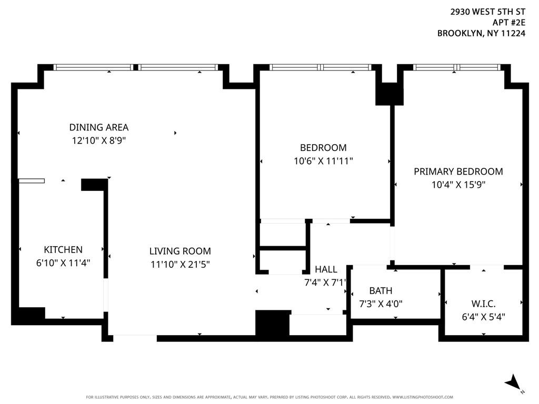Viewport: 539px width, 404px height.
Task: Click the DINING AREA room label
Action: [98, 127]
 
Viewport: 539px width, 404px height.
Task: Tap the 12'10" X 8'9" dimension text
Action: [98, 140]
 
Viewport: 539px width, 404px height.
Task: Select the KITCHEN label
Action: [63, 249]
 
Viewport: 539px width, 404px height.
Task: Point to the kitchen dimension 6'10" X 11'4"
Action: [63, 263]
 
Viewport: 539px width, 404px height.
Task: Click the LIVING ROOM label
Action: [180, 251]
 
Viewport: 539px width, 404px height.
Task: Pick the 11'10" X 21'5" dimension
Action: [180, 264]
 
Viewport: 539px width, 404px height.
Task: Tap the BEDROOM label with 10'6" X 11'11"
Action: [323, 148]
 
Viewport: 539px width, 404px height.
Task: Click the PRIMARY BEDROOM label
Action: [458, 171]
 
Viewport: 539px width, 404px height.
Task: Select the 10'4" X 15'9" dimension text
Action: [458, 185]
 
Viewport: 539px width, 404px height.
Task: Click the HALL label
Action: [326, 269]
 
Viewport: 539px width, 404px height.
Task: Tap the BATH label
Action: [381, 290]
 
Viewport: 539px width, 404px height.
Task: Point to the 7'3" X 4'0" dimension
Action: [381, 304]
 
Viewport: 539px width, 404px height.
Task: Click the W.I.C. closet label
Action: [483, 304]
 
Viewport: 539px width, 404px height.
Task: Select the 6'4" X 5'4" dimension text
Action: [483, 317]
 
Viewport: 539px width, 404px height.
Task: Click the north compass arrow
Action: [513, 382]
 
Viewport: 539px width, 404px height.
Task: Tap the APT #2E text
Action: [509, 23]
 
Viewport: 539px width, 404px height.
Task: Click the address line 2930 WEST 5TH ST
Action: [488, 12]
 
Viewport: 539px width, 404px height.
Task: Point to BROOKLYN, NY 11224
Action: [481, 33]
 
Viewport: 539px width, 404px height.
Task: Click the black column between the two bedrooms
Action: [389, 94]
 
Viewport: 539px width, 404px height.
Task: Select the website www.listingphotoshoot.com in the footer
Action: [423, 397]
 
